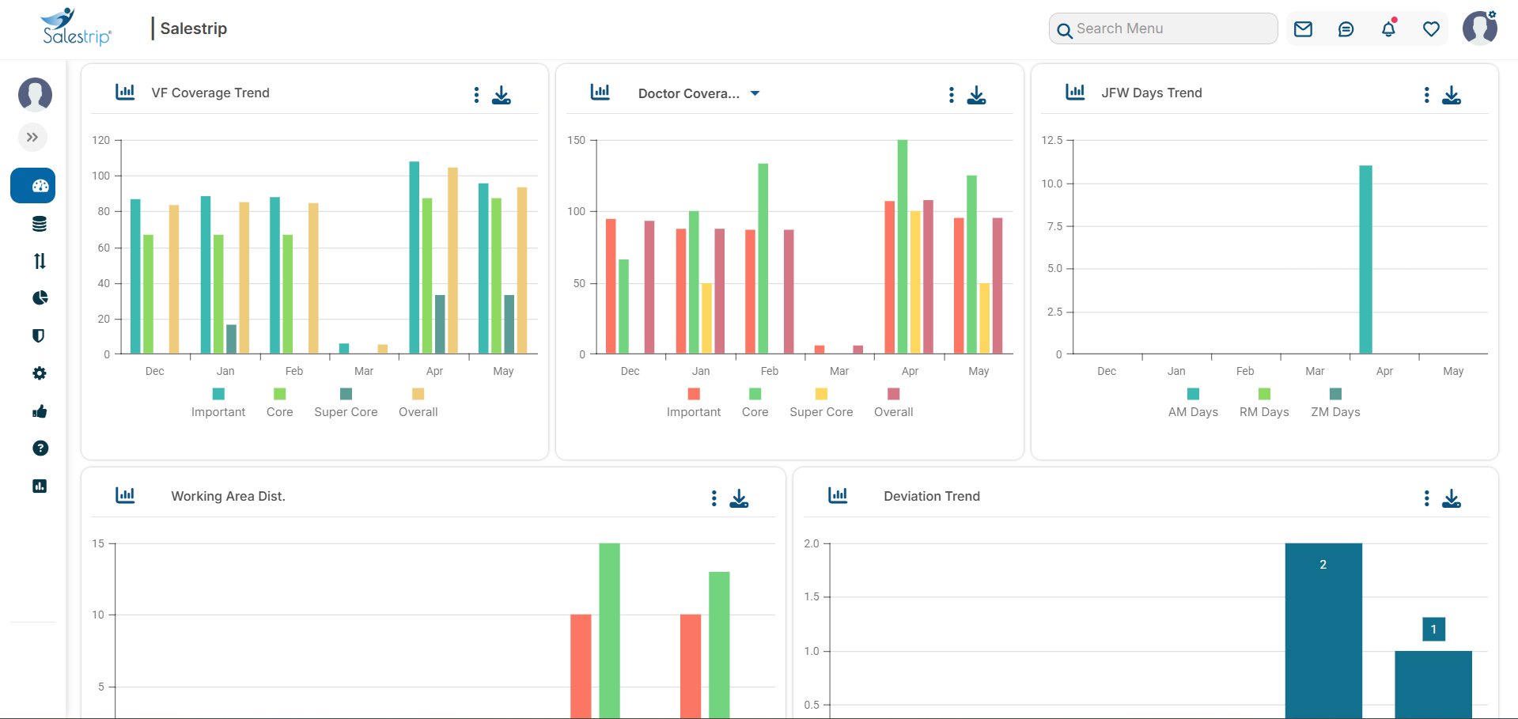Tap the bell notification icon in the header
click(1388, 29)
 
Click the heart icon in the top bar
click(1431, 29)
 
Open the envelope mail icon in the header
click(1303, 29)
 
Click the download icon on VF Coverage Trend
click(502, 95)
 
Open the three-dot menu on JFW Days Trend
click(1426, 95)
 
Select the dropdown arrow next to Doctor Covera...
click(755, 93)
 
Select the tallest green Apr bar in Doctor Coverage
click(902, 246)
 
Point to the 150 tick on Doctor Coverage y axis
click(577, 140)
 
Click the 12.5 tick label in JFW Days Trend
click(1051, 140)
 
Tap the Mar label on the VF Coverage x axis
click(364, 371)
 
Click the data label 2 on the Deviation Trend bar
click(1323, 565)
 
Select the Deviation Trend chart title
click(931, 496)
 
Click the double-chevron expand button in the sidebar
click(32, 138)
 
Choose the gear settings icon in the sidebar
click(40, 373)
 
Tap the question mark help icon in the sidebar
click(40, 448)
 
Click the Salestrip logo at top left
click(76, 28)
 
